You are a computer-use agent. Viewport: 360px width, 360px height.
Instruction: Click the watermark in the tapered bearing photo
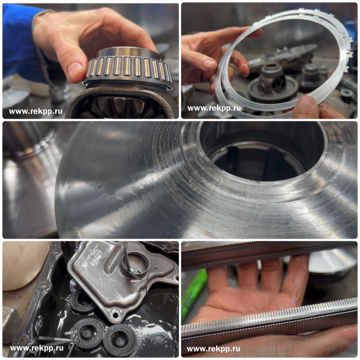35,111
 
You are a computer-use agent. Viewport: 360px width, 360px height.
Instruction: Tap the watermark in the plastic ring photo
214,108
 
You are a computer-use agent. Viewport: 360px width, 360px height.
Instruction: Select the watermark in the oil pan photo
37,348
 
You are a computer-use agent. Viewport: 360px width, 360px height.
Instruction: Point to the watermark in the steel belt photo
214,349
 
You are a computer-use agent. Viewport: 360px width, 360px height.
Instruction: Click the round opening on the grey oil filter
135,264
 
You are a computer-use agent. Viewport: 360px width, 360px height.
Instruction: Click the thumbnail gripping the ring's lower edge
309,102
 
